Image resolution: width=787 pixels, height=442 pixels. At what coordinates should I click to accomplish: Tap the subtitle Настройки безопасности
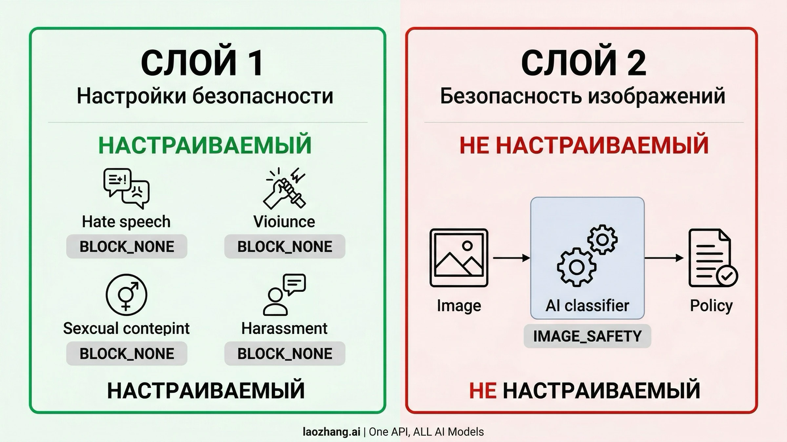click(205, 97)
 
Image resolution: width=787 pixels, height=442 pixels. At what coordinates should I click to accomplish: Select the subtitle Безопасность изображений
click(582, 97)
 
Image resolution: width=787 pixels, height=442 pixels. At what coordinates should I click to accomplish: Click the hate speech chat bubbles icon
click(127, 188)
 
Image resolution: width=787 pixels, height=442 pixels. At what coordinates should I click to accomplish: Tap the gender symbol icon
click(127, 294)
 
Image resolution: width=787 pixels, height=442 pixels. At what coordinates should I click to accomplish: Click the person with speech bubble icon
click(284, 294)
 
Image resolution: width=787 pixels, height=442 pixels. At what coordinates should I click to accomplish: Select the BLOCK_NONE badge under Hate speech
click(127, 246)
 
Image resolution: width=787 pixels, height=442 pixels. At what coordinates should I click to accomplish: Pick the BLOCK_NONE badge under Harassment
click(285, 353)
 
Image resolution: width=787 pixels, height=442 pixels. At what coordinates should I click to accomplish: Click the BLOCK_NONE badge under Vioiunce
click(285, 246)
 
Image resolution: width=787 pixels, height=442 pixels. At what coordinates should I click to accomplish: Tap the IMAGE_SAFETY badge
click(587, 336)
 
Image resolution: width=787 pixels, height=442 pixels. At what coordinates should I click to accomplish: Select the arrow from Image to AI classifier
click(512, 258)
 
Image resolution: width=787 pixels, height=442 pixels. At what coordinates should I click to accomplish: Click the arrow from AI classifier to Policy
click(664, 258)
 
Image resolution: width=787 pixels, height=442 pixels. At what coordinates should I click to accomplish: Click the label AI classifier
click(587, 305)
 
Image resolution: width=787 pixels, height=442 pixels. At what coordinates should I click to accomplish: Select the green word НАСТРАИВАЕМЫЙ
click(205, 145)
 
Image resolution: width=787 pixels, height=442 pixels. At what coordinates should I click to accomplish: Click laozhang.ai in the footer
click(332, 432)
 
